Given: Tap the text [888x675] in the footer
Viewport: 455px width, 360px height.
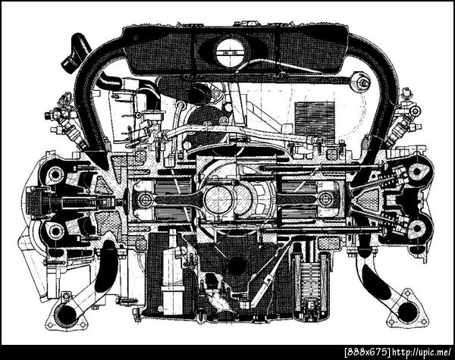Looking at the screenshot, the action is (367, 352).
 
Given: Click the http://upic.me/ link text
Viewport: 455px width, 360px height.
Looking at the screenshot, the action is (422, 352).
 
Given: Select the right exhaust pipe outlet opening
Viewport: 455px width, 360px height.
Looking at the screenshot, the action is (408, 311).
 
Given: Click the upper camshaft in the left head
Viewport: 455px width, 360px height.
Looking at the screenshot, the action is (55, 174).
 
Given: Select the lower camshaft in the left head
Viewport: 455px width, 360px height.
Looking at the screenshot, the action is (55, 231).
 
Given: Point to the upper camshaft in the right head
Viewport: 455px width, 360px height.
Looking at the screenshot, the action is (417, 171).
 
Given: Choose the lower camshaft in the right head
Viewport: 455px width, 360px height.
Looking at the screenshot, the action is (417, 228).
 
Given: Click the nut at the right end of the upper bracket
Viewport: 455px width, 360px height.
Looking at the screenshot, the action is (362, 83).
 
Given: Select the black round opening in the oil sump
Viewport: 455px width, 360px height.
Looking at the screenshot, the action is (236, 265).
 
